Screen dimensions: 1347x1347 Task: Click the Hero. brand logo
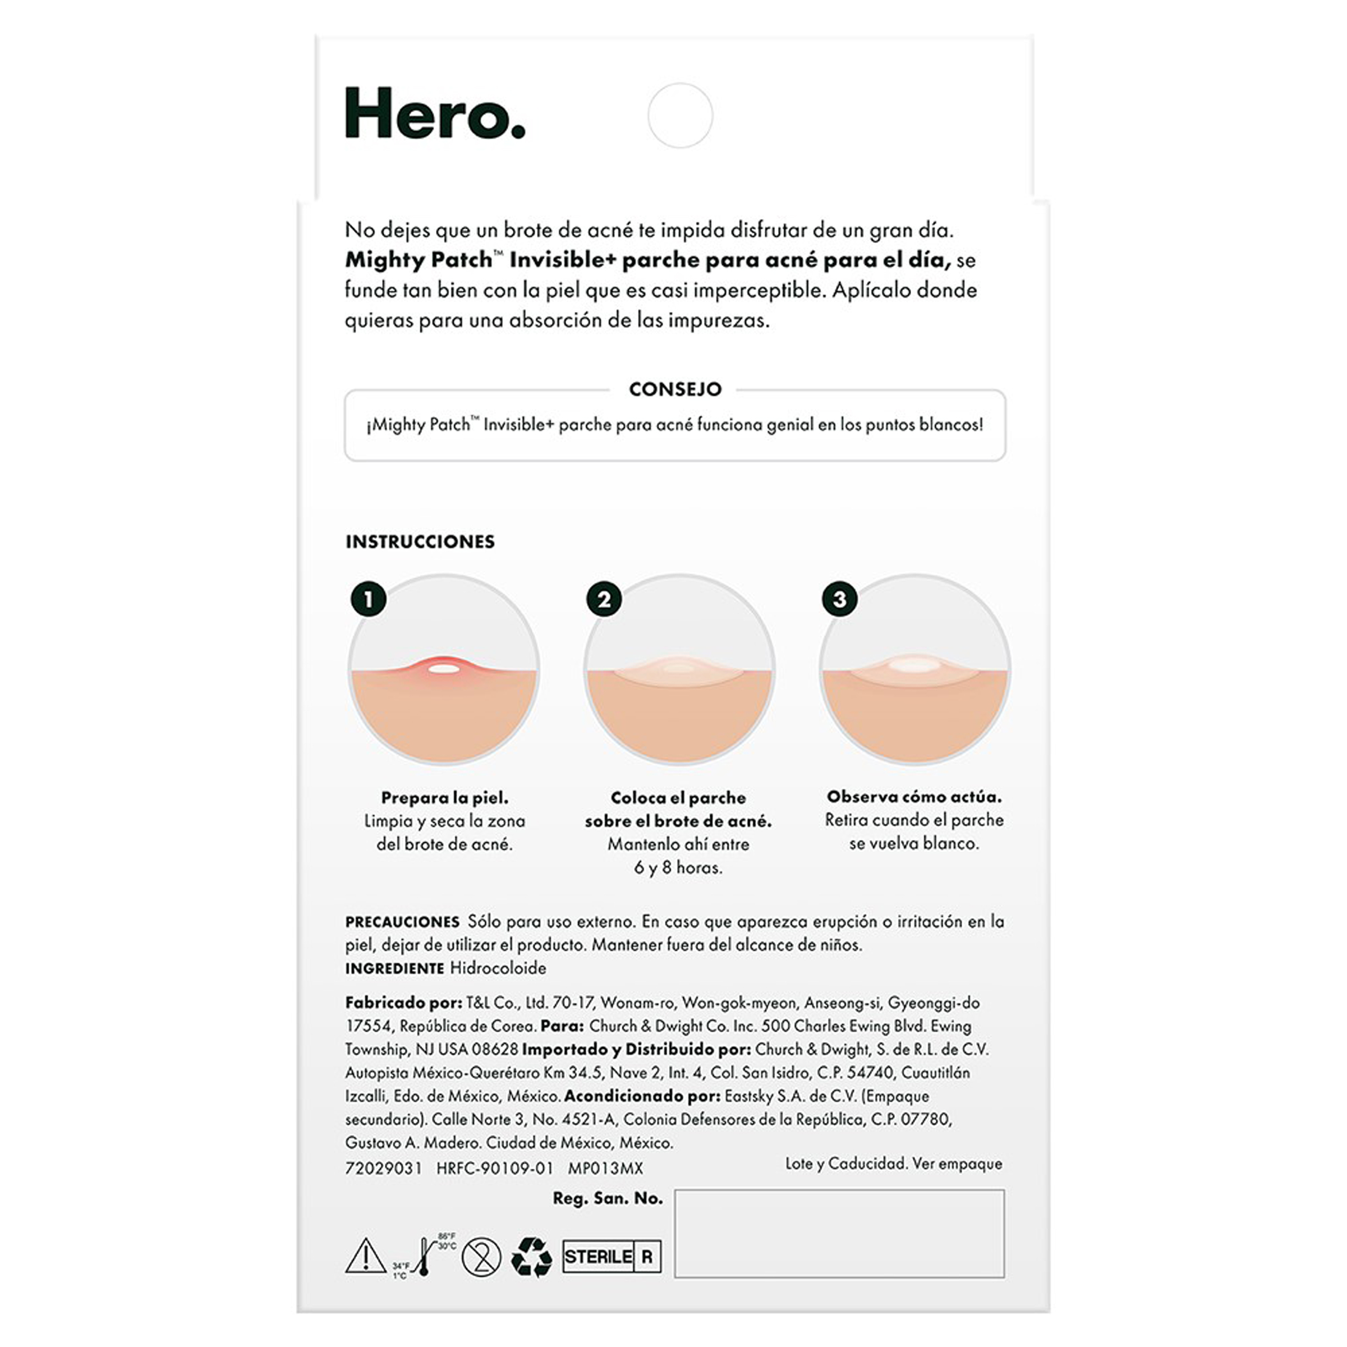pos(434,114)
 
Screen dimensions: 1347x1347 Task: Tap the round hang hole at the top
pos(680,115)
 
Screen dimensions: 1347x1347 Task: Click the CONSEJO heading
pos(675,389)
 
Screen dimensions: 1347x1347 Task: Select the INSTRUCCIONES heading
pos(420,542)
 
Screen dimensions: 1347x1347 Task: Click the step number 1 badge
pos(369,599)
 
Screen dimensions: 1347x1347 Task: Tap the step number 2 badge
pos(604,599)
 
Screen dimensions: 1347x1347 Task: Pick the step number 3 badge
pos(839,599)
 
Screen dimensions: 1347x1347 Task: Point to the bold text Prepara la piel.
pos(444,798)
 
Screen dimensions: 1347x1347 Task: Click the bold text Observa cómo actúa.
pos(913,796)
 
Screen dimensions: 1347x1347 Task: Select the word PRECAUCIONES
pos(402,922)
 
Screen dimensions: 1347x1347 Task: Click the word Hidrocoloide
pos(498,968)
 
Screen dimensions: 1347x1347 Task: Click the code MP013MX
pos(605,1168)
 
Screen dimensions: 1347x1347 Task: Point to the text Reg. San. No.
pos(607,1198)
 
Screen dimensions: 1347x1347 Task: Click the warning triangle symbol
pos(365,1256)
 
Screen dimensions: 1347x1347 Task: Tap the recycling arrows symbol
pos(531,1256)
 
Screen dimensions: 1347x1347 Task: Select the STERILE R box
pos(612,1256)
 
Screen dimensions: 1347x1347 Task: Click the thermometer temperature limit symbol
pos(424,1256)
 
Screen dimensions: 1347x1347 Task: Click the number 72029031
pos(384,1168)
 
